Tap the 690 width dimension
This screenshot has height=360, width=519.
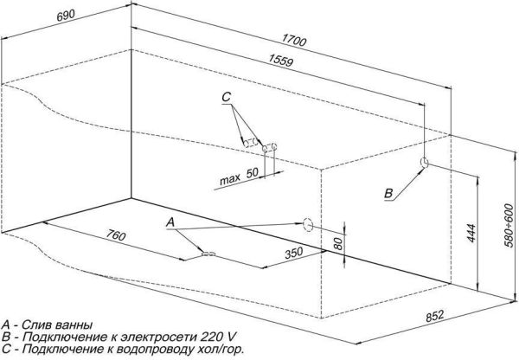[x=17, y=16]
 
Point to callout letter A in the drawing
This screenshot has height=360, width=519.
[x=170, y=222]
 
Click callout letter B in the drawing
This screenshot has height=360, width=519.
[x=388, y=192]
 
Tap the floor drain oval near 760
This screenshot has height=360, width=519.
[x=208, y=254]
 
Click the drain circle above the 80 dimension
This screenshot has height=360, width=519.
[x=306, y=223]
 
